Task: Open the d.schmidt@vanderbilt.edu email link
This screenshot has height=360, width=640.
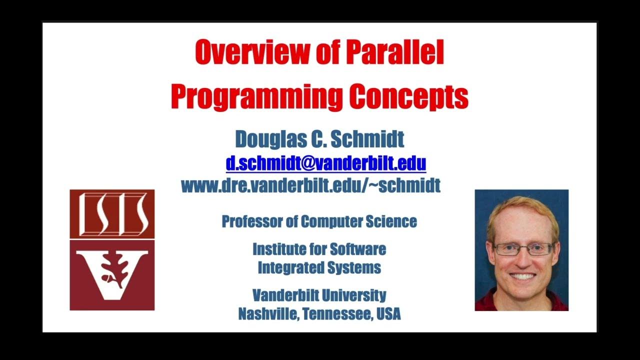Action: point(325,163)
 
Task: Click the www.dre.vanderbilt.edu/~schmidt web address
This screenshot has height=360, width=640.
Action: point(310,185)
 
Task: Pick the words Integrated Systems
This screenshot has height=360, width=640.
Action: point(319,267)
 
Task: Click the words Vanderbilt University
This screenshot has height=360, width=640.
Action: point(319,295)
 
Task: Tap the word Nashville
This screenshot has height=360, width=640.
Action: point(268,314)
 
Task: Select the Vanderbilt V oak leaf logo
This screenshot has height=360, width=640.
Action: point(112,275)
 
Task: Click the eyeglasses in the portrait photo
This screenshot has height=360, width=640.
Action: point(523,248)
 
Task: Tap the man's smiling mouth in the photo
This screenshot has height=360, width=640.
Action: point(523,276)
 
